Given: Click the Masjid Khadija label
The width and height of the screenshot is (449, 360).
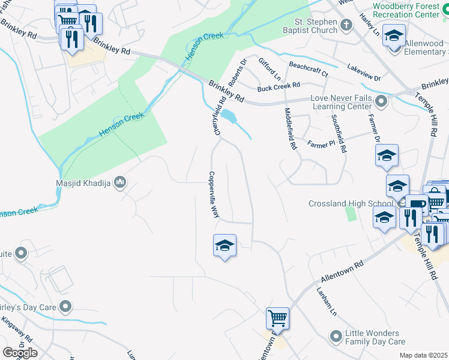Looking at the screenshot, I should [83, 182].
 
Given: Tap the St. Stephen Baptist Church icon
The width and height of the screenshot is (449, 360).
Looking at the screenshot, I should [346, 25].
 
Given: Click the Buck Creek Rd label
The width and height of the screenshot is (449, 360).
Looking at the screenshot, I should [278, 88].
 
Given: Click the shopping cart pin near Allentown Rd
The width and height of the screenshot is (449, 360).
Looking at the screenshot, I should [277, 317].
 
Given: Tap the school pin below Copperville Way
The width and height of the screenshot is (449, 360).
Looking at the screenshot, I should [224, 245].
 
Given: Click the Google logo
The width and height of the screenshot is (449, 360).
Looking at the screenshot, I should [20, 352].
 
